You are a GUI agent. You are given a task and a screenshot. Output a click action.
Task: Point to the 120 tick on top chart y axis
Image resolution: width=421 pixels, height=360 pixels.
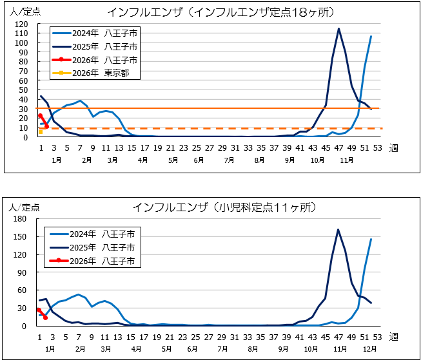[x=22, y=24]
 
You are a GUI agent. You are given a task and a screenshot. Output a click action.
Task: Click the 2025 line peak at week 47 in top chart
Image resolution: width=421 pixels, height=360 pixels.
[x=338, y=28]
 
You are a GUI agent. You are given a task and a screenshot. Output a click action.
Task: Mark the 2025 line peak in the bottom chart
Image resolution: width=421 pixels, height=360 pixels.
[x=338, y=229]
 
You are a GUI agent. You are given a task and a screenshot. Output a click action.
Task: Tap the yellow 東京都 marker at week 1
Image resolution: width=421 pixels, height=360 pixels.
[x=40, y=131]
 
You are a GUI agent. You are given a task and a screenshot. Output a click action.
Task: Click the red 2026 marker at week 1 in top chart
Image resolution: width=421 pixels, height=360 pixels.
[x=40, y=116]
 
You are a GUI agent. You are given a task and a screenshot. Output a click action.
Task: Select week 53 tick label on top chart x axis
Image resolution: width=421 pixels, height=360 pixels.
[x=378, y=147]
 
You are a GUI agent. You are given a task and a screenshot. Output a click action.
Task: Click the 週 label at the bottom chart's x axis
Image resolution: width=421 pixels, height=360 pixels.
[x=394, y=337]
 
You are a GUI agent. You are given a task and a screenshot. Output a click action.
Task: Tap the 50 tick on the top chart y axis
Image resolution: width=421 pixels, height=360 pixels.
[x=23, y=90]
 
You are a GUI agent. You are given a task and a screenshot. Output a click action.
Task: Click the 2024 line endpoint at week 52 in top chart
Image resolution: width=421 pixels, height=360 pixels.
[x=371, y=37]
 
